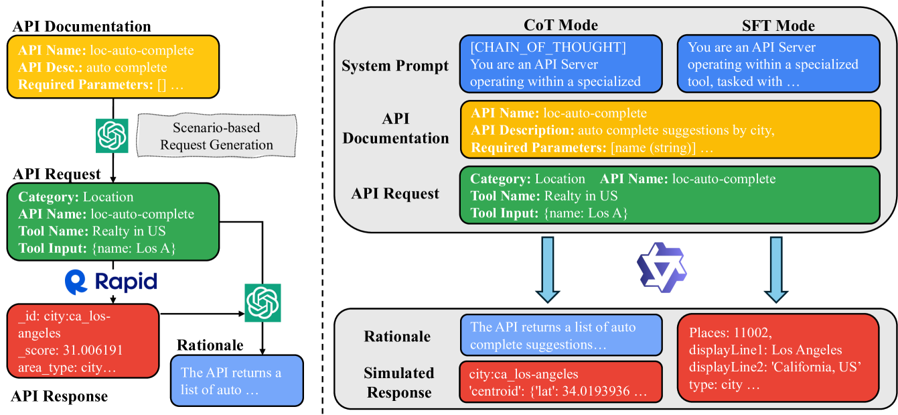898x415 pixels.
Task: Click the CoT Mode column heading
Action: click(x=560, y=25)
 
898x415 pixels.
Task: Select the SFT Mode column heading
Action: click(x=777, y=25)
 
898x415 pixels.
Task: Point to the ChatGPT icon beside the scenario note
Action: click(x=112, y=136)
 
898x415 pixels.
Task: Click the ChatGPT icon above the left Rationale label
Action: click(x=262, y=302)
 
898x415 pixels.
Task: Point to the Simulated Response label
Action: click(x=398, y=382)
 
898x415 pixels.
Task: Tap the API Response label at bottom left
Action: click(x=59, y=396)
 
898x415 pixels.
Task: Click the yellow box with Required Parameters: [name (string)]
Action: click(x=669, y=130)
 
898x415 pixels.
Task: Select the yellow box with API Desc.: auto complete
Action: click(x=113, y=67)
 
